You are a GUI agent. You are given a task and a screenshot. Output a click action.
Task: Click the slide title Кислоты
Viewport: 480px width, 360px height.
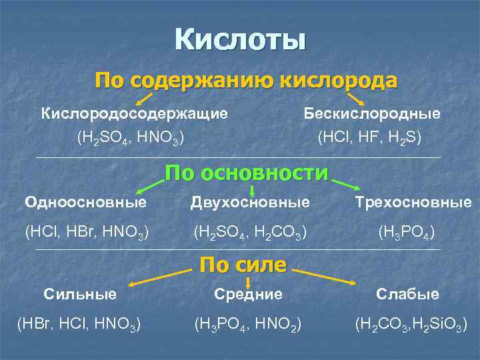coord(240,39)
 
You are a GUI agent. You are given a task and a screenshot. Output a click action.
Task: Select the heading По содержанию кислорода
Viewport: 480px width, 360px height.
coord(245,81)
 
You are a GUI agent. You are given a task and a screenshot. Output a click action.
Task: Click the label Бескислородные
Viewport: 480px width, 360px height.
coord(372,113)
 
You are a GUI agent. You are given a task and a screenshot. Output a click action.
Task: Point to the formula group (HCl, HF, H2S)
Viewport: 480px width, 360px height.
coord(370,137)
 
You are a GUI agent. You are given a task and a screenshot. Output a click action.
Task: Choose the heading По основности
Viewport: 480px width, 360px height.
coord(247,173)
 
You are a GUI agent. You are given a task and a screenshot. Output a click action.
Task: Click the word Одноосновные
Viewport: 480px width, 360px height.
coord(85,201)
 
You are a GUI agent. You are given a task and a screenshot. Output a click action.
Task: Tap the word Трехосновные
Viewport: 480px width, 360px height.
coord(413,201)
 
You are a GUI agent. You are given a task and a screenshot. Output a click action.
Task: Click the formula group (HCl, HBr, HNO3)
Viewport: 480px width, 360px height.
coord(87,232)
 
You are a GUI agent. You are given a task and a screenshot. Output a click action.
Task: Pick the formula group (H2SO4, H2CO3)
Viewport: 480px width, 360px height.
coord(250,232)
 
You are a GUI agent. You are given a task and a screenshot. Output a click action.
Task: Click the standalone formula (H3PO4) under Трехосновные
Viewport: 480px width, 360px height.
coord(407,232)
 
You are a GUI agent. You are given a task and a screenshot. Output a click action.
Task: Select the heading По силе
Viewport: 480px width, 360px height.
coord(243,265)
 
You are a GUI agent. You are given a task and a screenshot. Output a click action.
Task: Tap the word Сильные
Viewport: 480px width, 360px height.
coord(80,293)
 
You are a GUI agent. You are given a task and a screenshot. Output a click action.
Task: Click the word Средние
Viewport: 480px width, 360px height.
coord(248,293)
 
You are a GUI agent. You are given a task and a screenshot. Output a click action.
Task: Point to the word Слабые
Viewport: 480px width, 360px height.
coord(407,293)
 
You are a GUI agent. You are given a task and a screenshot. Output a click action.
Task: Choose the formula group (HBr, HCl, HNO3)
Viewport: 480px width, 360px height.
coord(79,325)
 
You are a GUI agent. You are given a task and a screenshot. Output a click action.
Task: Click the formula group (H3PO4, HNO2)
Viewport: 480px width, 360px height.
coord(248,325)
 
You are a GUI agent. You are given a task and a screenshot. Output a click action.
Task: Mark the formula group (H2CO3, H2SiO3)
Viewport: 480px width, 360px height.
coord(411,325)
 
